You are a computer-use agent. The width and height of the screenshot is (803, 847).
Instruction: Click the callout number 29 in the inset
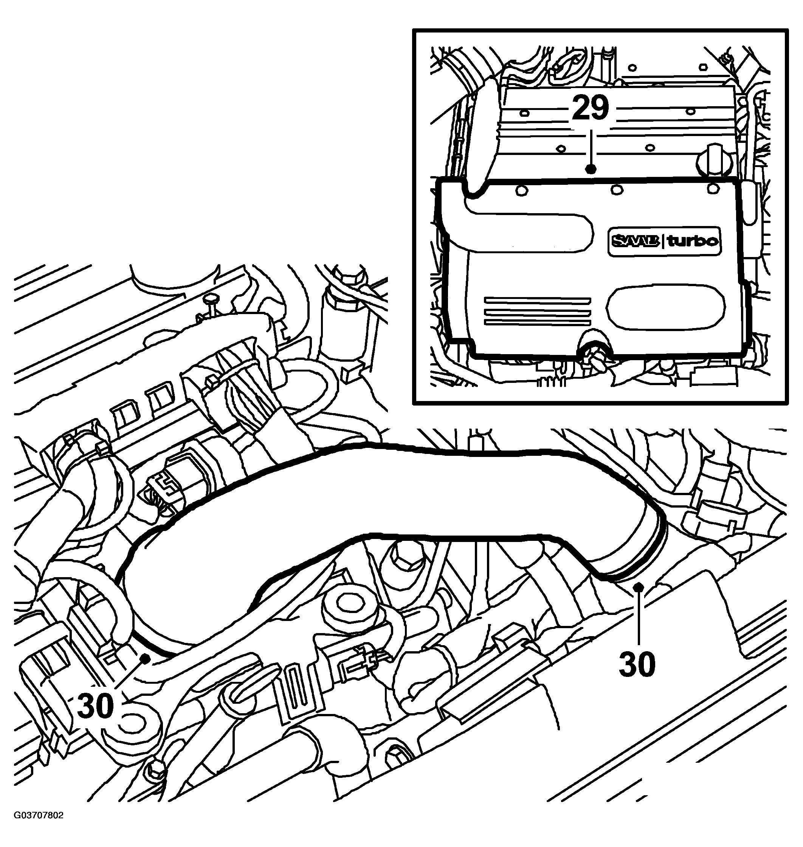coord(590,108)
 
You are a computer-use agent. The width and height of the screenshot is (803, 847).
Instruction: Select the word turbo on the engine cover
coord(692,241)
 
